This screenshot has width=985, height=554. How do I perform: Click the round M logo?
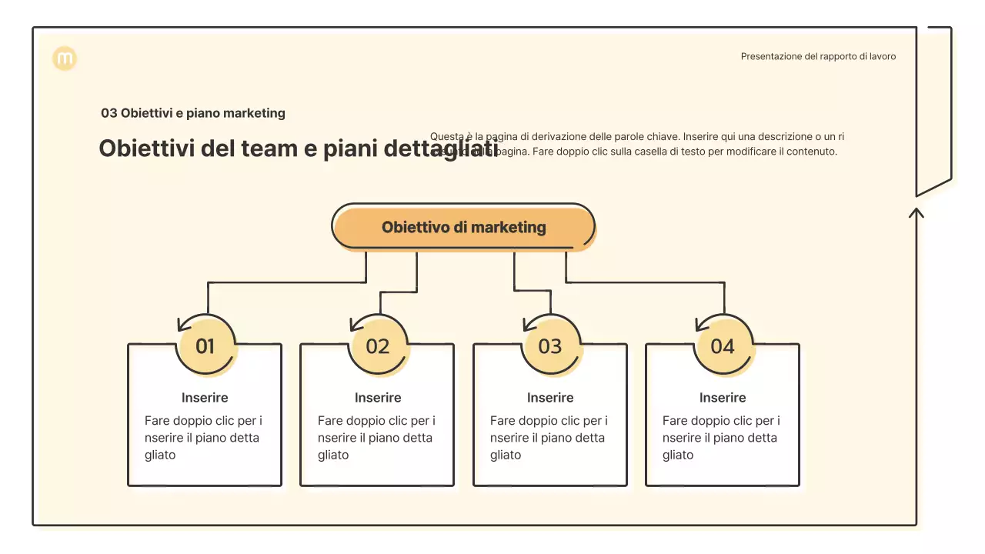click(65, 58)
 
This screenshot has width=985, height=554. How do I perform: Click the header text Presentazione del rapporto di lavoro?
click(818, 56)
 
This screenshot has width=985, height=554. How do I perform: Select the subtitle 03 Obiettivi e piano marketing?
click(193, 113)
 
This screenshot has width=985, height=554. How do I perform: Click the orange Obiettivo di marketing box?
click(463, 227)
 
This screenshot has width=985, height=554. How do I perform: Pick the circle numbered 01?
click(205, 346)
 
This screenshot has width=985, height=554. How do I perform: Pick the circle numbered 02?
click(378, 346)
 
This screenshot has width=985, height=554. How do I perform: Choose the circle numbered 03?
click(550, 346)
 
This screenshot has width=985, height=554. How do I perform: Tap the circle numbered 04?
click(723, 346)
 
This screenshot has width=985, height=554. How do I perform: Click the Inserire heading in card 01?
click(205, 398)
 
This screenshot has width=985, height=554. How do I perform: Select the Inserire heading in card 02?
click(378, 398)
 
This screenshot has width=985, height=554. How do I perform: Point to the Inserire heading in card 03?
click(550, 398)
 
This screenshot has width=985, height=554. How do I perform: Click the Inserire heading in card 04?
click(723, 398)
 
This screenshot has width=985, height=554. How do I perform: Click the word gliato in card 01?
click(160, 455)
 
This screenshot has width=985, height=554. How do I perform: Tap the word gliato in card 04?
click(678, 455)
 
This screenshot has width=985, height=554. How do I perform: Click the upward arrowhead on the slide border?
click(916, 212)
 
